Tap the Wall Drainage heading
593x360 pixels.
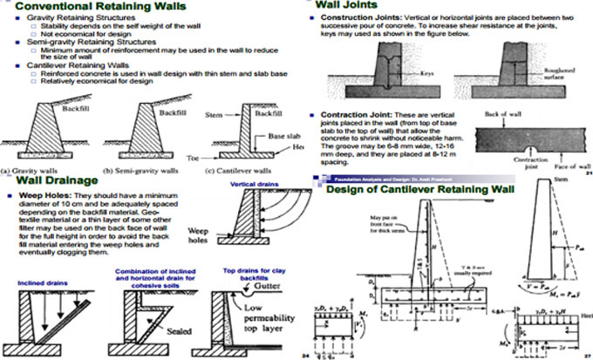pos(54,180)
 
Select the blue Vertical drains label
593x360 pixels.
pos(254,185)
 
